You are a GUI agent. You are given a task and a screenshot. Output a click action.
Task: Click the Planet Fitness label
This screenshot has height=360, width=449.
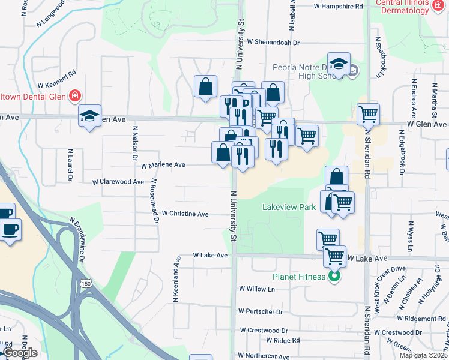(x=298, y=277)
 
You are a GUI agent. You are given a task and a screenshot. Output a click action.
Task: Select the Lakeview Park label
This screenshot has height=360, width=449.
(x=289, y=207)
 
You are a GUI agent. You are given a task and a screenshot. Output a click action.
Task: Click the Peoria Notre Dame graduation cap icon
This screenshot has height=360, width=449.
(x=339, y=65)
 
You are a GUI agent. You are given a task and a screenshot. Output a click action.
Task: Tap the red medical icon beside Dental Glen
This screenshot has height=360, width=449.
(x=75, y=95)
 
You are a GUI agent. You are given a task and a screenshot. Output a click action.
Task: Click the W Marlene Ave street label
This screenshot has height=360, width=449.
(x=163, y=164)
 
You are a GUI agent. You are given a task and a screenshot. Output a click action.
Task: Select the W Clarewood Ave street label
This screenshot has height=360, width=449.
(x=118, y=181)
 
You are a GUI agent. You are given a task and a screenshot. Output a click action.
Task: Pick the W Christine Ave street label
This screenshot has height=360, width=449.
(x=185, y=214)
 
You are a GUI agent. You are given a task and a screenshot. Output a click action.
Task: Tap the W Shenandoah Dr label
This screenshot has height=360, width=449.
(x=273, y=43)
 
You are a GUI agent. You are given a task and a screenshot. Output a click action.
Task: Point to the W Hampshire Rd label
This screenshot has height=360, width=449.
(x=339, y=7)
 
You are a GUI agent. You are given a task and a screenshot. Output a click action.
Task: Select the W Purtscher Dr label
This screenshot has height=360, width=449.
(x=260, y=311)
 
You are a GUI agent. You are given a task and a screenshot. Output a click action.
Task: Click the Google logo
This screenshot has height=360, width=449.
(x=20, y=352)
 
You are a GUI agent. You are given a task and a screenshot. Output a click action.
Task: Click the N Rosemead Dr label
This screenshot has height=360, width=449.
(x=155, y=201)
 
